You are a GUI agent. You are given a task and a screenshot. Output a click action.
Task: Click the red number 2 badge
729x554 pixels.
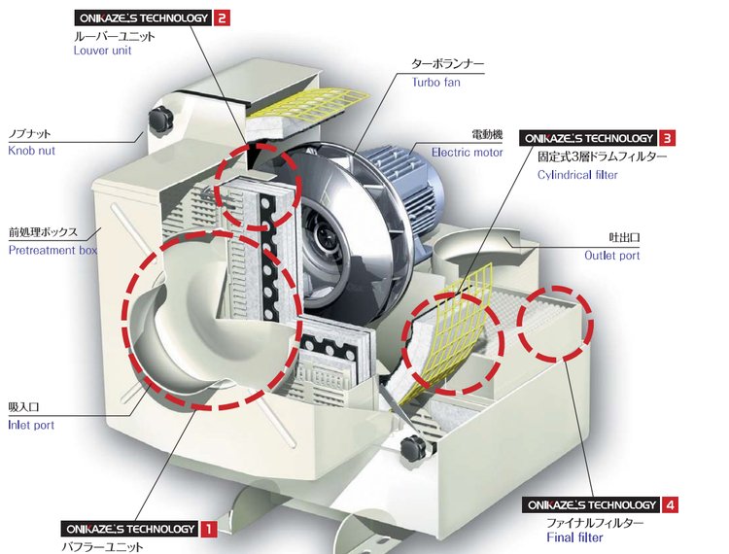pos(222,18)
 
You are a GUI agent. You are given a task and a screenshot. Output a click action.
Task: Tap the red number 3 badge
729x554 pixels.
pos(667,138)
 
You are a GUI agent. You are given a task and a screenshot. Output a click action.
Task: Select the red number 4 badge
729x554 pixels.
pos(670,504)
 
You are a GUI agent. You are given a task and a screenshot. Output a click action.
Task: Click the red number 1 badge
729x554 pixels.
pos(209,529)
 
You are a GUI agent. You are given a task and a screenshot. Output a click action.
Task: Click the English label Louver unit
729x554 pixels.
pos(103,51)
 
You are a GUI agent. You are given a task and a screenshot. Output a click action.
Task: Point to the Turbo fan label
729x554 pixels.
pos(436,83)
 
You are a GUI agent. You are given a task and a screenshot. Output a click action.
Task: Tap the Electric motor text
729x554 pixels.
pos(467,153)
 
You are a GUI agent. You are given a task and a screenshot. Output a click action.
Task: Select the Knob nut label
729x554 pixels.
pos(32,151)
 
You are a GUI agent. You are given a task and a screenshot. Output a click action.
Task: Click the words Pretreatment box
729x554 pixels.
pos(52,250)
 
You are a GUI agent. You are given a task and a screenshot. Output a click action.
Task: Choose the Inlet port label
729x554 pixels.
pos(31,425)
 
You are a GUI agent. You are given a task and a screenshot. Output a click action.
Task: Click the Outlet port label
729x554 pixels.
pos(611,256)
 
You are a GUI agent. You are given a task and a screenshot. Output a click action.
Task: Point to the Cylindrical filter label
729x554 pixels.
pos(577,175)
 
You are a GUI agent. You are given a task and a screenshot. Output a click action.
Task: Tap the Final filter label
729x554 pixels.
pos(574,537)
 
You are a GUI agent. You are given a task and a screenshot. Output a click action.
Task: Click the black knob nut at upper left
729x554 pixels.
pos(160,118)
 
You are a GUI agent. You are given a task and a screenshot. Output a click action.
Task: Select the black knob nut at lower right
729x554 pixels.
pos(413,448)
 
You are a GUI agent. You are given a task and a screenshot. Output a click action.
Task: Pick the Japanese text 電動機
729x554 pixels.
pos(487,135)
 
